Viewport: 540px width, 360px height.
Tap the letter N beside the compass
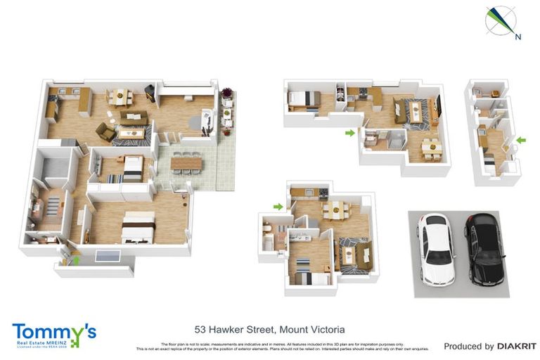(517, 36)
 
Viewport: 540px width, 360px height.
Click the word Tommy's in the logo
(53, 331)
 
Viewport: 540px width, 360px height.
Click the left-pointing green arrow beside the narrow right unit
(520, 141)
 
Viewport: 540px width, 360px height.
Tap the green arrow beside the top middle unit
(350, 131)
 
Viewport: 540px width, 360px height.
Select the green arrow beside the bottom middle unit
(278, 206)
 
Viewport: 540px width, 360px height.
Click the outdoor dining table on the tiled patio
(186, 163)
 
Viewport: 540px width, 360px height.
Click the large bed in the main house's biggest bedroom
(139, 227)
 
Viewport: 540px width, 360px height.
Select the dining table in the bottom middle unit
(336, 209)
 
